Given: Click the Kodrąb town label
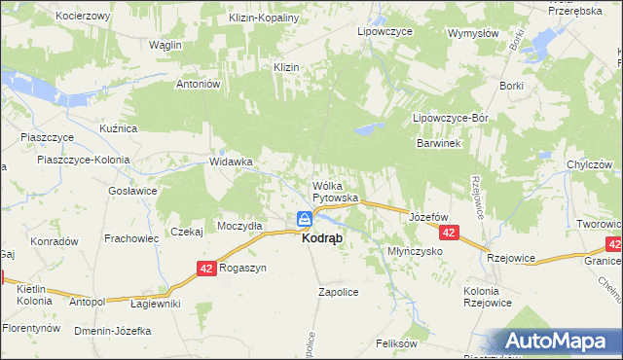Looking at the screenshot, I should pyautogui.click(x=321, y=238).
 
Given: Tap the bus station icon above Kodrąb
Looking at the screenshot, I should pyautogui.click(x=304, y=219).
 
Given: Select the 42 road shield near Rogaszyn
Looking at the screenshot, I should pyautogui.click(x=205, y=268).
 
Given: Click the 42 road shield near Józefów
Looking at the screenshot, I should pyautogui.click(x=448, y=234).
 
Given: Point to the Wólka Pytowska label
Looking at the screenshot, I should pyautogui.click(x=335, y=192).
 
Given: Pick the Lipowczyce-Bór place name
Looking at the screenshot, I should pyautogui.click(x=449, y=118).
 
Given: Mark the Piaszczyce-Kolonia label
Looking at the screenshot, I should pyautogui.click(x=77, y=160).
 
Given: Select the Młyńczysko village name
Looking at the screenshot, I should pyautogui.click(x=415, y=251).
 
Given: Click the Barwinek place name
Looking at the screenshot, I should pyautogui.click(x=438, y=142).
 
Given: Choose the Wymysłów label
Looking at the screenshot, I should pyautogui.click(x=473, y=32).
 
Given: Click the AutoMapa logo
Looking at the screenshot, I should pyautogui.click(x=559, y=341).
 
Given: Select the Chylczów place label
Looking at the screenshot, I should pyautogui.click(x=588, y=163).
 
